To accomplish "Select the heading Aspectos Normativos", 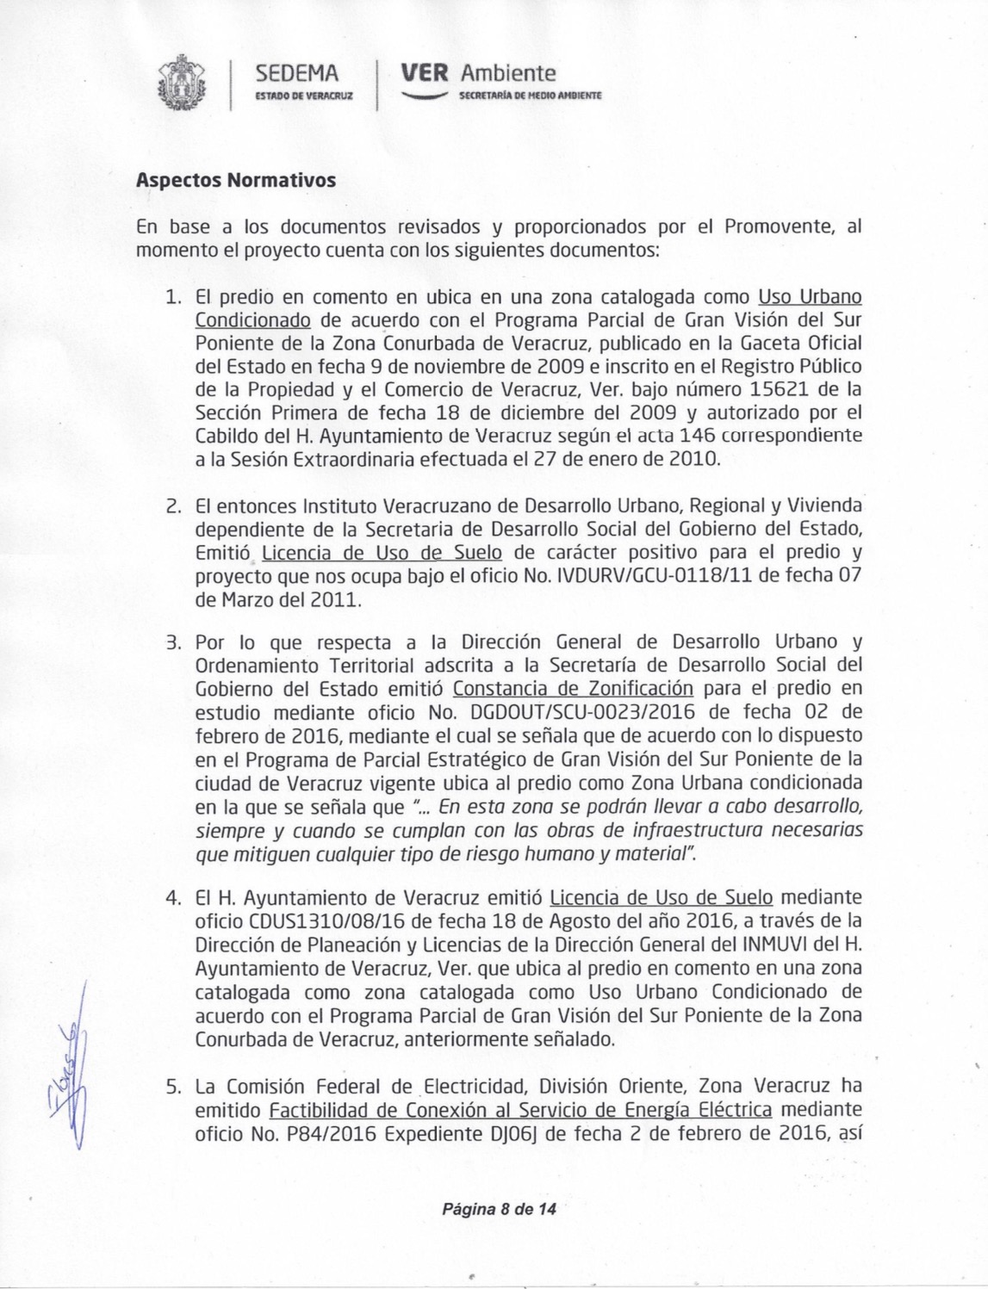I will pos(235,181).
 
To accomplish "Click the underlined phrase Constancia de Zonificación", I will pos(573,689).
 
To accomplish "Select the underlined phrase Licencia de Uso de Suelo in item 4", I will pos(661,899).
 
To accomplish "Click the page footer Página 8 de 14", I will pos(499,1209).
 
